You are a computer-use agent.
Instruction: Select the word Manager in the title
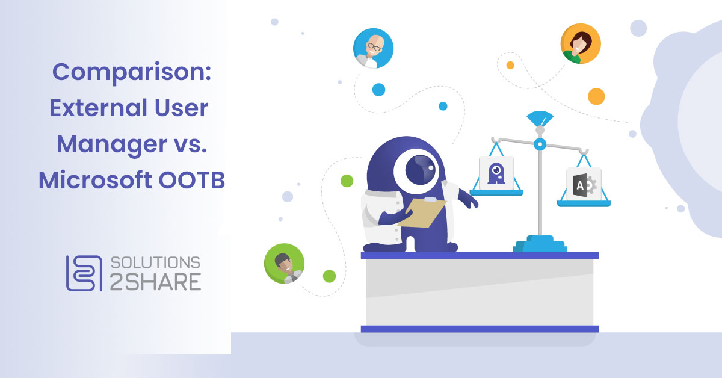[x=114, y=144]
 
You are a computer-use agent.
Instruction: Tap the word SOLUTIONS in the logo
[x=155, y=262]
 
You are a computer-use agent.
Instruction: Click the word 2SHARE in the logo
[x=155, y=282]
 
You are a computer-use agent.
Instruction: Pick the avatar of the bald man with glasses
[x=373, y=48]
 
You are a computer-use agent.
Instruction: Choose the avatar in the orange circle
[x=580, y=44]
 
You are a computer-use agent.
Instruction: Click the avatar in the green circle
[x=284, y=263]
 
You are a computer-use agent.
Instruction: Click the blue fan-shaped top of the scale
[x=540, y=119]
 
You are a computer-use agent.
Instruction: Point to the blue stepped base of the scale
[x=539, y=244]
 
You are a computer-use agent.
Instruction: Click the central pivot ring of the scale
[x=540, y=144]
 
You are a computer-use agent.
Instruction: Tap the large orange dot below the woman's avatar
[x=596, y=96]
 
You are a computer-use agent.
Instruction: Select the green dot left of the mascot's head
[x=347, y=180]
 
